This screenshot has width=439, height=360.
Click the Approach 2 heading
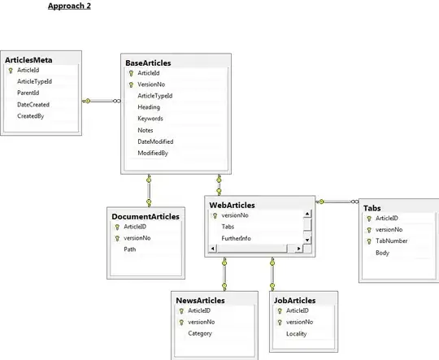pos(69,6)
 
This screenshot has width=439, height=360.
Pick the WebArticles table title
pos(233,206)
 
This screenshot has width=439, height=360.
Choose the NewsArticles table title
pos(201,300)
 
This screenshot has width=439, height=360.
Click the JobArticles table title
pos(295,300)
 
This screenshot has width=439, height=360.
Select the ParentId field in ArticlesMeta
pos(30,93)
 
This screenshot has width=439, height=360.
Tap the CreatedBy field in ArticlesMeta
pos(31,116)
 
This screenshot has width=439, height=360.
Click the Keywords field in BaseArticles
pos(151,118)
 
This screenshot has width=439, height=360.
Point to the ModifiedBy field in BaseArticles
pos(153,153)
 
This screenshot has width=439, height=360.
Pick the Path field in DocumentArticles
pos(130,249)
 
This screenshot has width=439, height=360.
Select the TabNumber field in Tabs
pos(392,241)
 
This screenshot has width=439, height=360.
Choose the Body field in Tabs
pos(383,253)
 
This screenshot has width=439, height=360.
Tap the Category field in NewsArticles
pos(201,333)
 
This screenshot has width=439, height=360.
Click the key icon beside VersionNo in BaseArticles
pos(129,84)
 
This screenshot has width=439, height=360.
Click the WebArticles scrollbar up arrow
pos(308,215)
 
